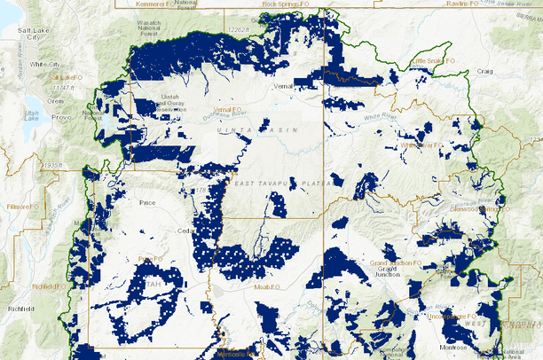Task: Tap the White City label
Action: (x=43, y=65)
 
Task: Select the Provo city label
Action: (x=61, y=116)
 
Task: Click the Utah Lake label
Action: (x=32, y=115)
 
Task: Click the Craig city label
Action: (x=484, y=70)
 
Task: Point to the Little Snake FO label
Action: (x=433, y=61)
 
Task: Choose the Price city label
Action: (x=147, y=202)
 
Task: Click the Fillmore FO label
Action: (x=25, y=206)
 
